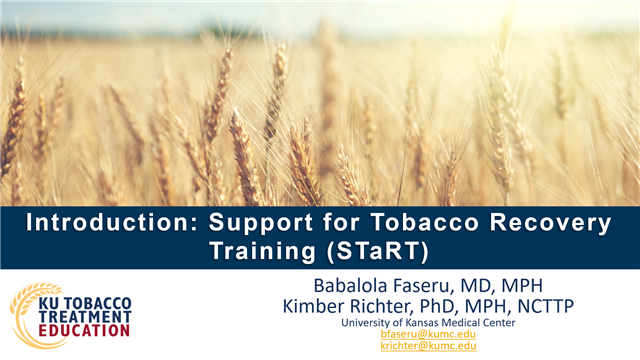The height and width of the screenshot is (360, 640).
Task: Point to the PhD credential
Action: tap(448, 305)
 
